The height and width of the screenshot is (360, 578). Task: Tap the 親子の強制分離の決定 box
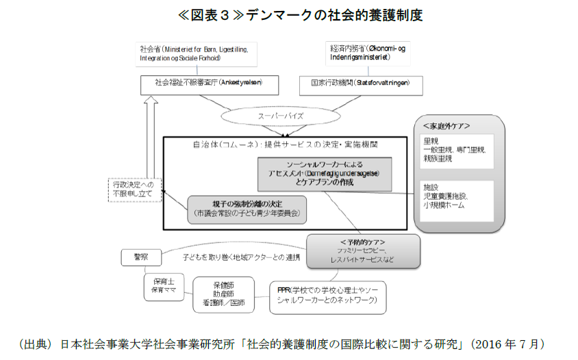pos(247,209)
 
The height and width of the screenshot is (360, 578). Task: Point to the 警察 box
pos(142,257)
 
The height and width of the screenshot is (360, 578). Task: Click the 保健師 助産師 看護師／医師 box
pos(223,292)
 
